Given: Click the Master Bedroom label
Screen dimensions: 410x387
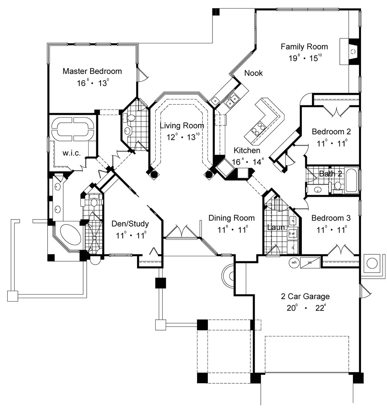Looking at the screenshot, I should pyautogui.click(x=92, y=71).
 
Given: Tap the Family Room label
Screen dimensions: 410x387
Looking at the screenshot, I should pyautogui.click(x=304, y=47).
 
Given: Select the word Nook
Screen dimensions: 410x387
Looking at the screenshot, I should pyautogui.click(x=253, y=73).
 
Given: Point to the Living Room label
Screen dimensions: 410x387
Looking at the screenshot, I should pyautogui.click(x=182, y=125).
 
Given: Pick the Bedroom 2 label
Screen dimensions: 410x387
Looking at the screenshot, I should pyautogui.click(x=331, y=132).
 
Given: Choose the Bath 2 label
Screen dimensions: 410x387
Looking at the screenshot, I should pyautogui.click(x=330, y=174).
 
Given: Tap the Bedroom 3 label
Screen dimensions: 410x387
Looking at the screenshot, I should pyautogui.click(x=331, y=218).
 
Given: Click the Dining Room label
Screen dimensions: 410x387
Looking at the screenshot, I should pyautogui.click(x=232, y=218).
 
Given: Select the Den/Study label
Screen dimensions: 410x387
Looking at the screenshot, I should pyautogui.click(x=130, y=224).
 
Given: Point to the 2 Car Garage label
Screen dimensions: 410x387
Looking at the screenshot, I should pyautogui.click(x=305, y=297).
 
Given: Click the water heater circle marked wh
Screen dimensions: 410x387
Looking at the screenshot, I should pyautogui.click(x=294, y=262).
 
